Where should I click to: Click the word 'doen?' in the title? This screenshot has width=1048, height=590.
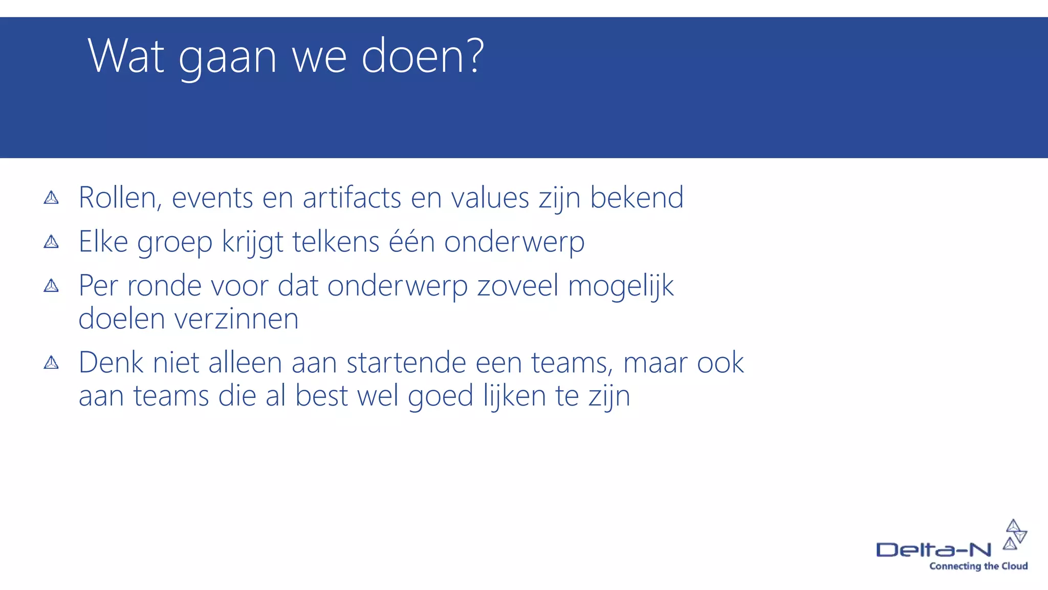(422, 56)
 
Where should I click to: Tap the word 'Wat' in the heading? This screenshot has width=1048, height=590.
(126, 56)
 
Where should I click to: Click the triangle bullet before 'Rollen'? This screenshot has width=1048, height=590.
(51, 198)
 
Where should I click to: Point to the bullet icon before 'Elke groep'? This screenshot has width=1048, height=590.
(51, 241)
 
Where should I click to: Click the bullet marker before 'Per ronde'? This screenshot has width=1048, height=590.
(51, 285)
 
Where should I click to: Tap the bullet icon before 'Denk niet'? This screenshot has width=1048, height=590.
(51, 363)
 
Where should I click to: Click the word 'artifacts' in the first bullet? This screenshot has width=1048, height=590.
(352, 198)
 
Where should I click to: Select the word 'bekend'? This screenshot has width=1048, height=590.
(637, 198)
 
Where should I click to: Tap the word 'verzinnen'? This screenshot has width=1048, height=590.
(236, 319)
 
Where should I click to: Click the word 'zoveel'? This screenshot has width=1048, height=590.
(518, 286)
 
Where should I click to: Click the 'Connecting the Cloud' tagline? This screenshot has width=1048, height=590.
(978, 566)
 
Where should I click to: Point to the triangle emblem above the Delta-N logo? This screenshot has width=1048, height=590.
(1015, 534)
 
